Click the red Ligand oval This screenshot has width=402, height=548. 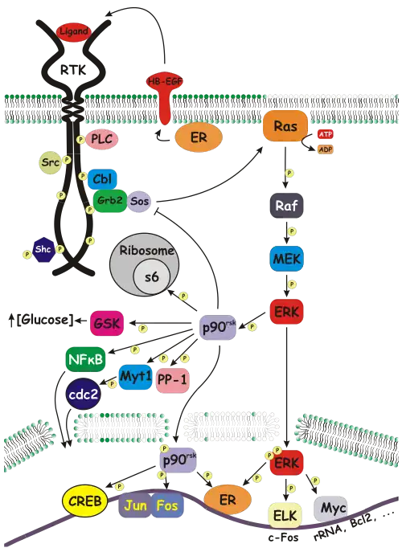click(x=73, y=32)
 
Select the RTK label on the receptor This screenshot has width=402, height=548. click(x=73, y=70)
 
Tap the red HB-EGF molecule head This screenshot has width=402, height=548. click(x=164, y=82)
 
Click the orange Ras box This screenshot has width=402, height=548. click(x=285, y=126)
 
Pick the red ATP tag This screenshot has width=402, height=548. click(x=325, y=134)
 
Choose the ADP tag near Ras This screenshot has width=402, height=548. click(x=325, y=149)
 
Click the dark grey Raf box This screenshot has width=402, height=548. click(x=286, y=206)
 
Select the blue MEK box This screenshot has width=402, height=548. click(x=286, y=259)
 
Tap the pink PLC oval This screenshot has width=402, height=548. click(x=102, y=139)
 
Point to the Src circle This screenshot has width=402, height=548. click(x=51, y=162)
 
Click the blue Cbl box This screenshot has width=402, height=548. click(x=102, y=179)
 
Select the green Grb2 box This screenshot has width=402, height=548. click(x=110, y=201)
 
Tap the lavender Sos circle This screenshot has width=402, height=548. click(x=139, y=202)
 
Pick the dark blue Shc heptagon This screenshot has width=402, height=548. click(x=43, y=249)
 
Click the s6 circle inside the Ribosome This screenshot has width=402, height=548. click(x=151, y=278)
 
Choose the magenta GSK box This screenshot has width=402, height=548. click(x=107, y=323)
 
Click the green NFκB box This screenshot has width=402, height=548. click(x=86, y=359)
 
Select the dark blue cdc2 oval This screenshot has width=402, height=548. click(x=83, y=395)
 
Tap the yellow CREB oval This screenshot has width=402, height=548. click(x=85, y=501)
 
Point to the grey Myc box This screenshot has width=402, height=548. click(x=330, y=509)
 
